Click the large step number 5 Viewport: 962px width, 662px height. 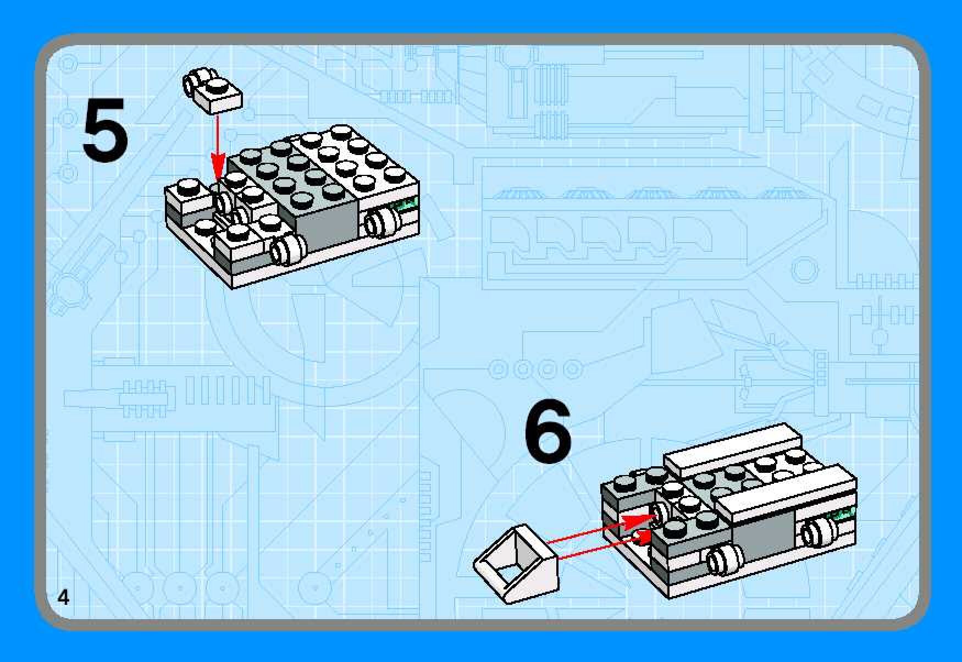coord(106,130)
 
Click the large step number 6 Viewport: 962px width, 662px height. coord(548,431)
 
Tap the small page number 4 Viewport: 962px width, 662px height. coord(64,597)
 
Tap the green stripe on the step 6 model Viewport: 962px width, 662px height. coord(843,515)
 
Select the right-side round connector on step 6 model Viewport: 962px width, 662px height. coord(819,532)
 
